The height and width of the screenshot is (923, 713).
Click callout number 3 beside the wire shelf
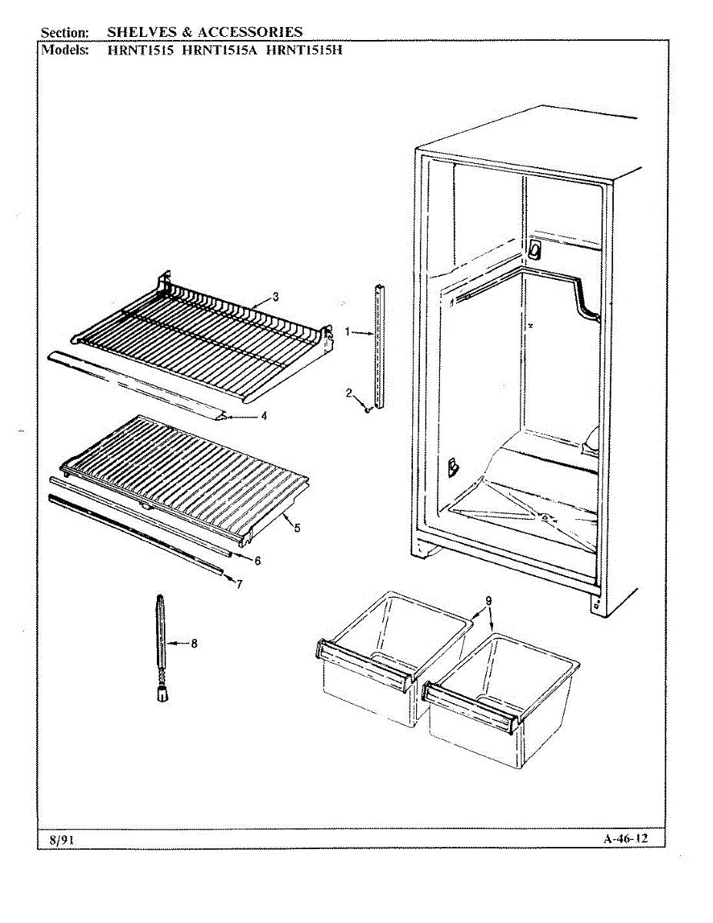pos(275,297)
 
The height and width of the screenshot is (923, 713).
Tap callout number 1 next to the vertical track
pos(348,332)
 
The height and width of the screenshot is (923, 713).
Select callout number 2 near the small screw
pos(348,393)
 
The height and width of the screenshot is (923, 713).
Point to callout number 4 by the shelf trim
pos(264,416)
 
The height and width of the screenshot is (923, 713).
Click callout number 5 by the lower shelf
pos(297,528)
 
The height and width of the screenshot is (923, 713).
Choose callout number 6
pos(258,561)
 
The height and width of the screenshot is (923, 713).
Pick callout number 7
pos(239,585)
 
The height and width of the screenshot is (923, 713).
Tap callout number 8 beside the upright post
pos(194,644)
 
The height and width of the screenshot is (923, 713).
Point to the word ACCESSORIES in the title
pos(250,32)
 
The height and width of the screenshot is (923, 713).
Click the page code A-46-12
pos(625,838)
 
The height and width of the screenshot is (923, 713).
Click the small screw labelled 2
pos(368,410)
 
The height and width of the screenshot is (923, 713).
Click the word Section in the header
pos(65,32)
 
